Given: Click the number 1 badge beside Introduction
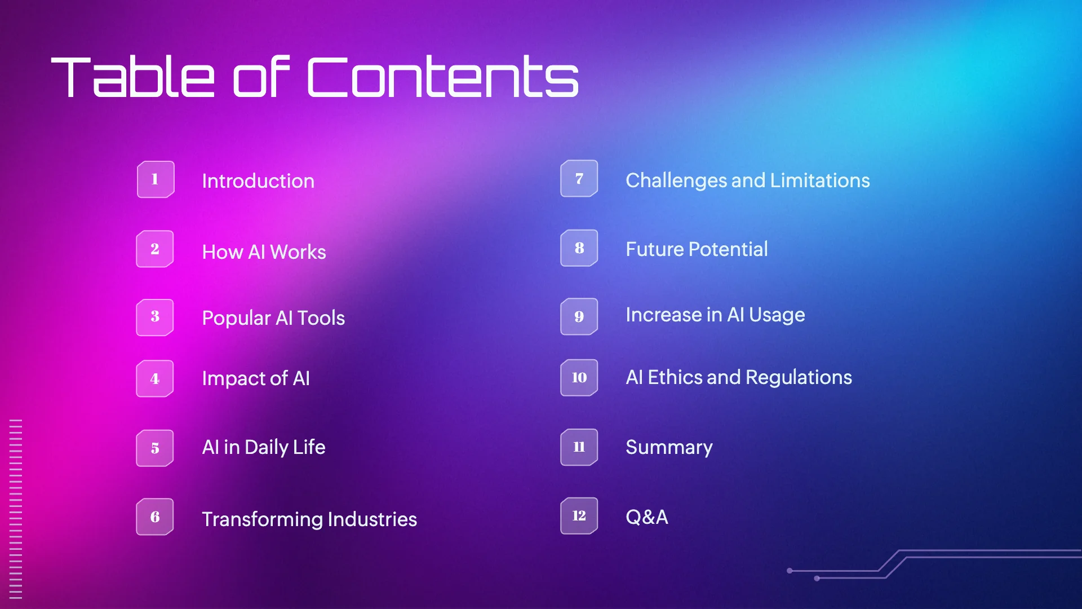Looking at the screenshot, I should pyautogui.click(x=155, y=179).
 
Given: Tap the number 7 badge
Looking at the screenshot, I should pyautogui.click(x=579, y=179).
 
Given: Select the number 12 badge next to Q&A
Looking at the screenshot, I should pyautogui.click(x=579, y=515).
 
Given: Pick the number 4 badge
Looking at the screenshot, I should pyautogui.click(x=155, y=378).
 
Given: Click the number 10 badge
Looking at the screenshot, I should pyautogui.click(x=579, y=377).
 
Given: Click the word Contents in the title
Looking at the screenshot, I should pyautogui.click(x=443, y=77).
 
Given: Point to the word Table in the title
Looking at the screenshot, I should pyautogui.click(x=133, y=77).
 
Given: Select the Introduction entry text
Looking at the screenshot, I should pyautogui.click(x=258, y=181).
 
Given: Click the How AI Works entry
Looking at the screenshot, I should pyautogui.click(x=264, y=251).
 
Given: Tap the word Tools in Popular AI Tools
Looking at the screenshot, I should pyautogui.click(x=321, y=318).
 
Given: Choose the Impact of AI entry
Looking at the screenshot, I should pyautogui.click(x=256, y=378).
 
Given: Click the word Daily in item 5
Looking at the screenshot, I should pyautogui.click(x=267, y=448).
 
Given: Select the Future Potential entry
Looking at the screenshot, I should pyautogui.click(x=697, y=249).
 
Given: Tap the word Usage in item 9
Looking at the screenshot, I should pyautogui.click(x=777, y=315).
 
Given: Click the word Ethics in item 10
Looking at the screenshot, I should pyautogui.click(x=675, y=377).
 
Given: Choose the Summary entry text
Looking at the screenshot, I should pyautogui.click(x=669, y=448).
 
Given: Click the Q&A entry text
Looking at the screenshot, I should pyautogui.click(x=647, y=517).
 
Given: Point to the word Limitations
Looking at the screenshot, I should pyautogui.click(x=820, y=180).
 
